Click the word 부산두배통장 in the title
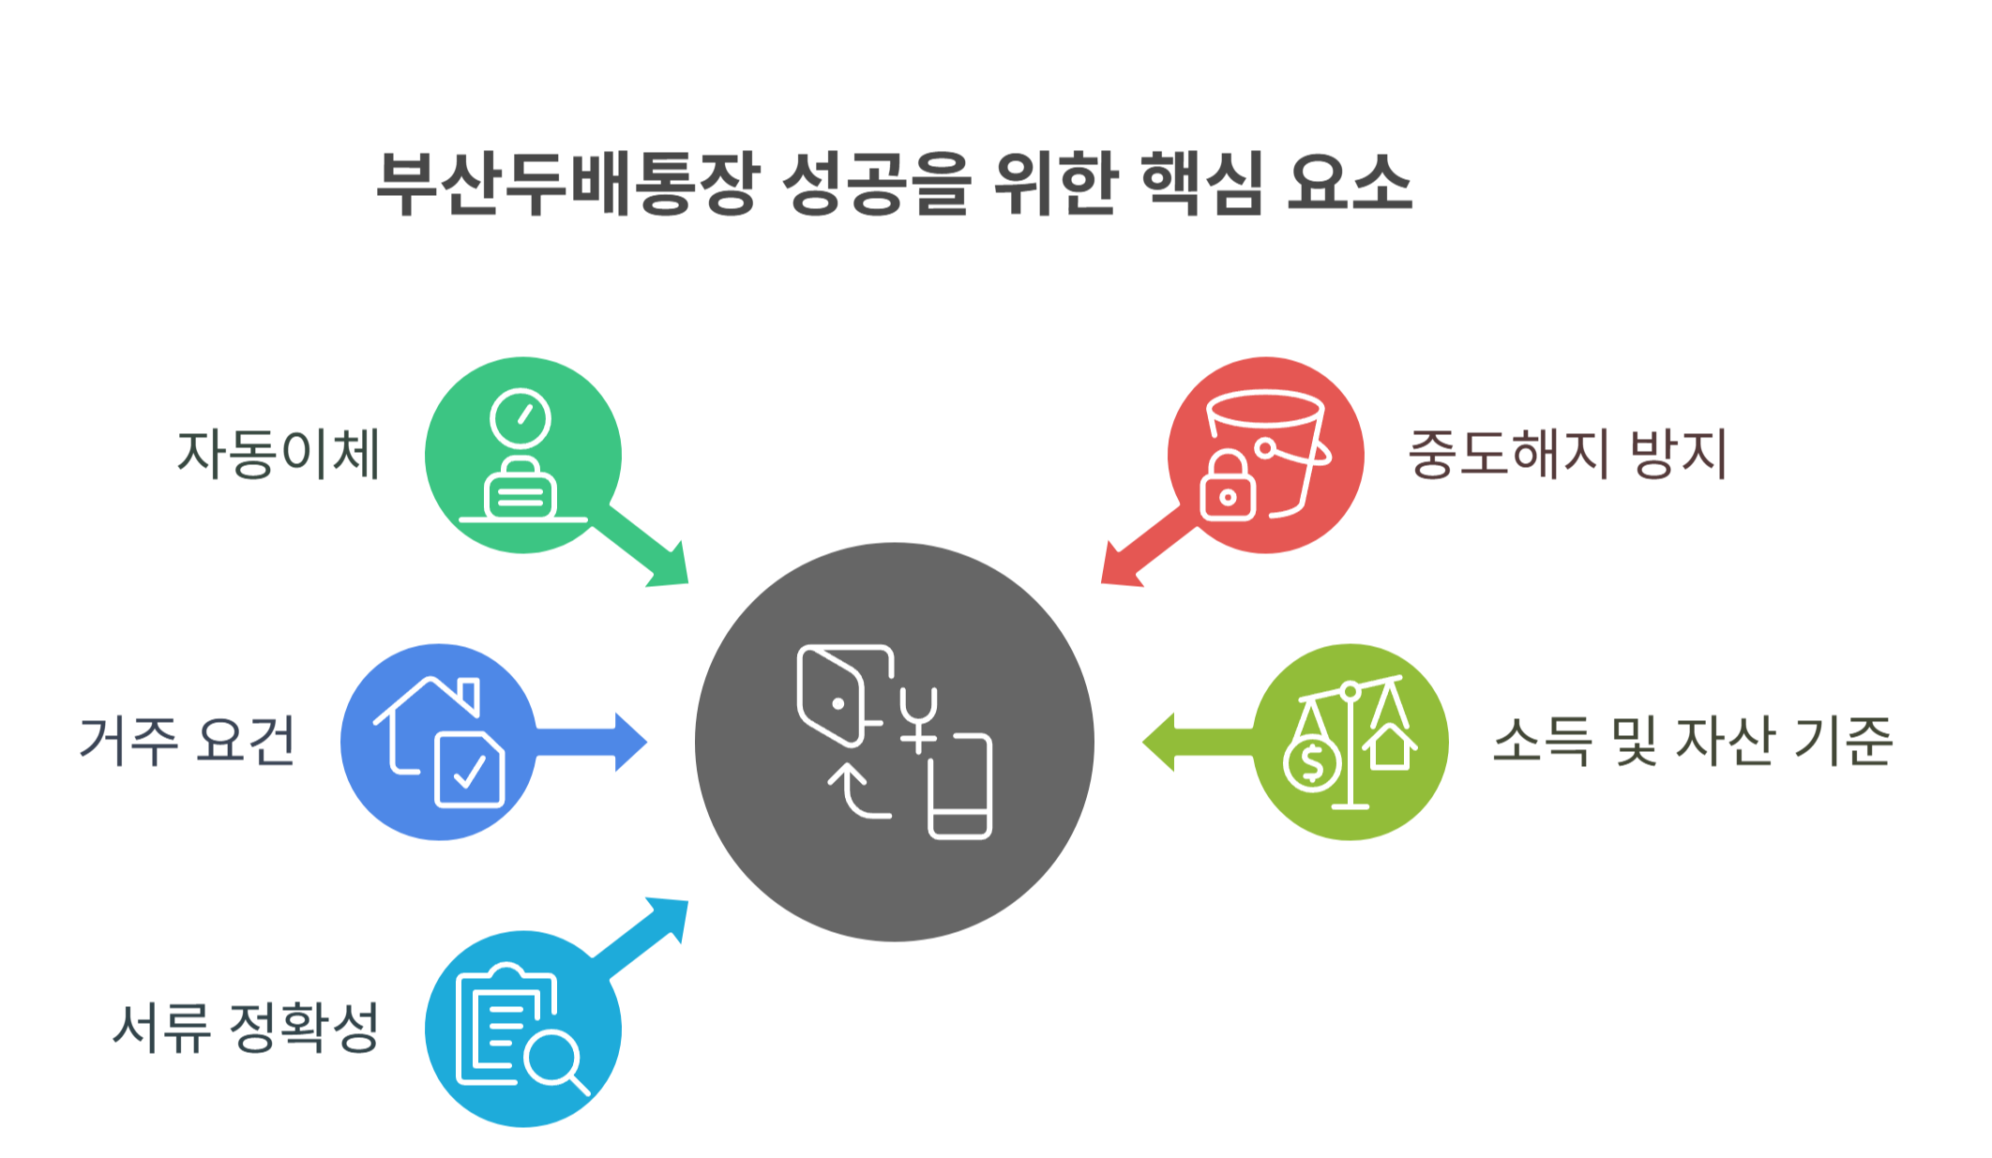click(566, 184)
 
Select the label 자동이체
click(279, 454)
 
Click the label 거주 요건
click(188, 741)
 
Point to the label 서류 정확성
click(246, 1028)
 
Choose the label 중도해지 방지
click(1567, 454)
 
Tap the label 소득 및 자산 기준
click(1693, 741)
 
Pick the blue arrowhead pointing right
click(630, 742)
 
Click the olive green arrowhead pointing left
click(1160, 742)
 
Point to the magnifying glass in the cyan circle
click(553, 1060)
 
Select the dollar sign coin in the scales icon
click(1313, 763)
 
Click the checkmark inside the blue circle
click(469, 773)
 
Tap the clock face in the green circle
click(521, 418)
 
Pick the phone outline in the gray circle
click(959, 786)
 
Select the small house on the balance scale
click(1390, 747)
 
